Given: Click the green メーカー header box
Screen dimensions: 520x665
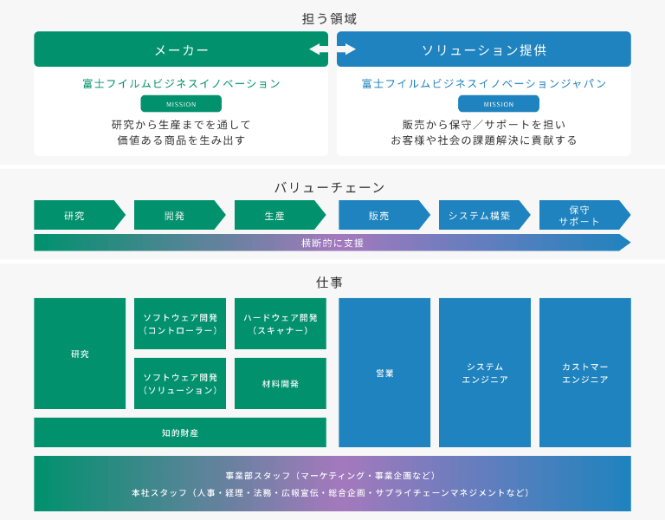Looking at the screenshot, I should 181,49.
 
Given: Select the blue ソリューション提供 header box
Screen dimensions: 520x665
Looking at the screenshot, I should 484,49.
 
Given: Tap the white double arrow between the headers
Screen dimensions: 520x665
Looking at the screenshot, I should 332,49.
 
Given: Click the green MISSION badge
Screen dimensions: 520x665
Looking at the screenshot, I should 181,104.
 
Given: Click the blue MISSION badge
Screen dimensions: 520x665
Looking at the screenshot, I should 498,104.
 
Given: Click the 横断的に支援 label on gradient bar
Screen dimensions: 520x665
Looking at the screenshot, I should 332,243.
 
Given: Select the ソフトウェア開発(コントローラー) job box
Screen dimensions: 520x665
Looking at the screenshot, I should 180,324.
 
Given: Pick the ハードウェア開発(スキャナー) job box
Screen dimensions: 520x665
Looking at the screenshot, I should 281,324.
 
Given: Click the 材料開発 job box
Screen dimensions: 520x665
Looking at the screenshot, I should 281,383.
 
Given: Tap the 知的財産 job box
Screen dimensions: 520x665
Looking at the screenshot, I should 180,432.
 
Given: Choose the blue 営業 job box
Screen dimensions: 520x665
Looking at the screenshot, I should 384,373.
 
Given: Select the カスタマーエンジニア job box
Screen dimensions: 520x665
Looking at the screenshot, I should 585,373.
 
